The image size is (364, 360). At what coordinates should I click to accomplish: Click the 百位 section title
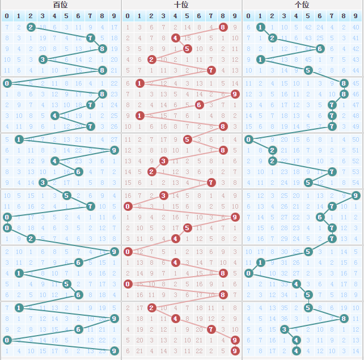point(60,5)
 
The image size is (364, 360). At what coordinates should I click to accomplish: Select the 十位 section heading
point(181,5)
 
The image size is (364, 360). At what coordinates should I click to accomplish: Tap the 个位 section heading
point(302,5)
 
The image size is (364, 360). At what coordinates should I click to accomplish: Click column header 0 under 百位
point(7,16)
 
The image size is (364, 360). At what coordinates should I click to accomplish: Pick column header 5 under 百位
point(66,16)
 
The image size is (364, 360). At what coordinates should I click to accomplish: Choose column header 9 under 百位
point(114,16)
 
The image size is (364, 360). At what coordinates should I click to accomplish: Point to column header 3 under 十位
point(163,16)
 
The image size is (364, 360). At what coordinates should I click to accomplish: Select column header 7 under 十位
point(211,16)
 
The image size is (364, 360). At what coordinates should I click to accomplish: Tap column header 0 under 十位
point(128,16)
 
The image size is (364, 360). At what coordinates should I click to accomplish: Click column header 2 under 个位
point(272,16)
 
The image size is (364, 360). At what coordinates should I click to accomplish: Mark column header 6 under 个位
point(320,16)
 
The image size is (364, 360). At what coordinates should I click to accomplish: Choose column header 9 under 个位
point(355,16)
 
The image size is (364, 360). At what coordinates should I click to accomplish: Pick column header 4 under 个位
point(296,16)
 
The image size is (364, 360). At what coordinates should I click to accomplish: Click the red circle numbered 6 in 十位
point(199,105)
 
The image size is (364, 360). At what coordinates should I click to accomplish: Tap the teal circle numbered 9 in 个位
point(355,196)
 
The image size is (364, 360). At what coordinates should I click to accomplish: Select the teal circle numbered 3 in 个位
point(284,329)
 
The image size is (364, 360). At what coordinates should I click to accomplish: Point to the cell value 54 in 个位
point(355,183)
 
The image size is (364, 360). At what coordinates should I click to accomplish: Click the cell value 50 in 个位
point(355,139)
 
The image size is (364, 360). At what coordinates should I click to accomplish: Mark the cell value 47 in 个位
point(355,105)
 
